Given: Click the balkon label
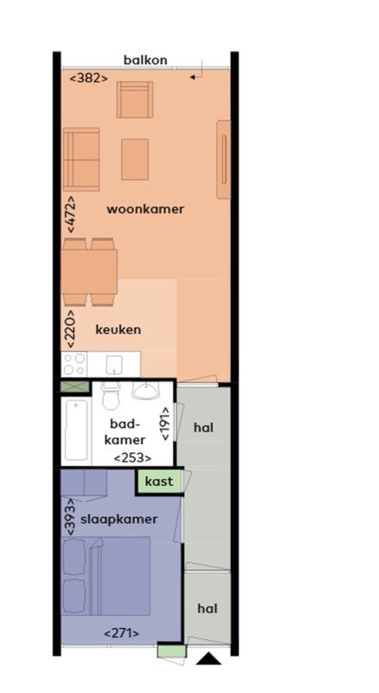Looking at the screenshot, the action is coord(145,60).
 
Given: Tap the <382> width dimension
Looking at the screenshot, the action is coord(89,78).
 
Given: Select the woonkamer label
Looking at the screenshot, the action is coord(145,210).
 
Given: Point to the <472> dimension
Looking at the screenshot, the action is coord(70,214).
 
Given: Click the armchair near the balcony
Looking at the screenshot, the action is coord(135,100).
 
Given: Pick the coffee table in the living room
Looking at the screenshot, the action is coord(135,159).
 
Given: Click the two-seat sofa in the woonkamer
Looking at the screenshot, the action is coord(81,159).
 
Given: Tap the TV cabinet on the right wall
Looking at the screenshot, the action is coord(223,159).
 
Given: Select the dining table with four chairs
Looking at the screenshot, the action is coord(90,272).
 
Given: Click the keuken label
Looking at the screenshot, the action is coord(119,330).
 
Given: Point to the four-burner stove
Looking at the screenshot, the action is coord(74,364).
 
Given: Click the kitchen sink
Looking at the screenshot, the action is coord(114,365).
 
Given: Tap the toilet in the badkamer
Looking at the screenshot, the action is coord(110,396).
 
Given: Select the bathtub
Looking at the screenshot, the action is coord(76,431).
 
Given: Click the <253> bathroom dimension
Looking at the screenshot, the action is coord(132,458).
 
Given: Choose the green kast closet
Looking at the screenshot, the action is coord(159,482).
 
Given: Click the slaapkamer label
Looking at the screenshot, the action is coord(119,519).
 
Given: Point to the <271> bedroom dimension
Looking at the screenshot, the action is coord(121,633).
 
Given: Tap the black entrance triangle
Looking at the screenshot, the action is coord(209,658).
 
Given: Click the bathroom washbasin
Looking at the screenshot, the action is coord(145,390).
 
